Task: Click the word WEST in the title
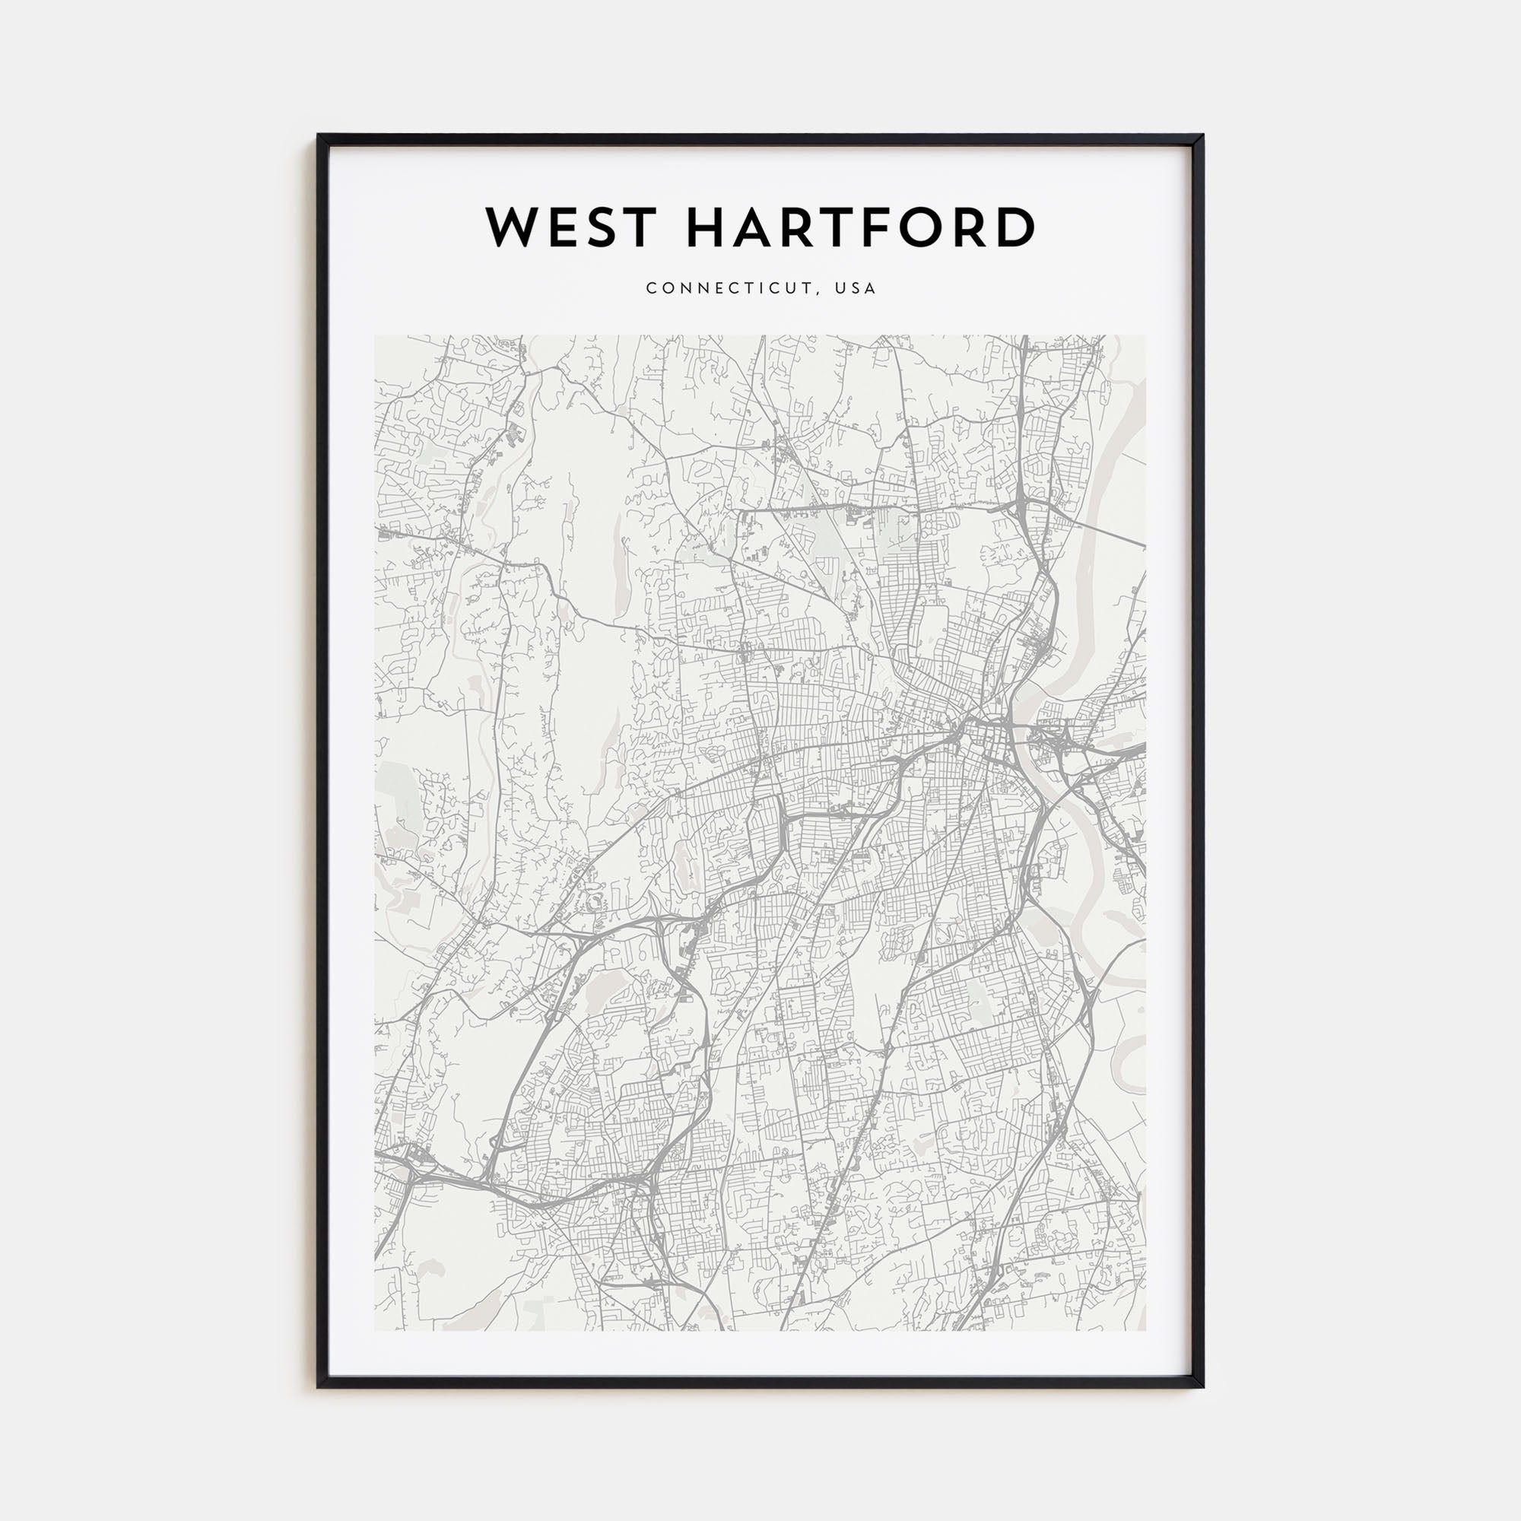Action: click(571, 227)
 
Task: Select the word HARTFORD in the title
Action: click(860, 227)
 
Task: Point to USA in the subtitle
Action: click(856, 288)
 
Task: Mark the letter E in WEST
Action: click(557, 227)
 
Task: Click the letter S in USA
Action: click(856, 288)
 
